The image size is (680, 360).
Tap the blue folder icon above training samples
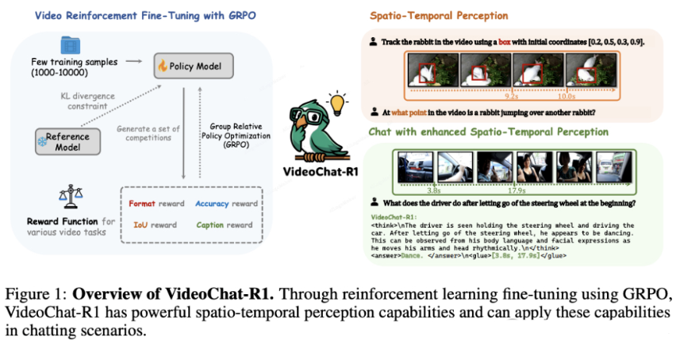point(69,46)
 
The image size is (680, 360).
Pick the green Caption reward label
point(228,224)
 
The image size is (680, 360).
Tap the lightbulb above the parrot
point(338,102)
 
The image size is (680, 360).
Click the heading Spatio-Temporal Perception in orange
point(440,15)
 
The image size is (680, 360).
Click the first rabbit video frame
point(430,74)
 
